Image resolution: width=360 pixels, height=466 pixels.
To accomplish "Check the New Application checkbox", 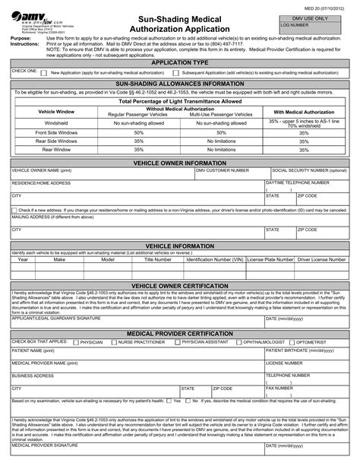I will point(44,74).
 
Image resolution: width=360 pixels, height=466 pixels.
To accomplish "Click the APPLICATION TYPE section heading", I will point(180,62).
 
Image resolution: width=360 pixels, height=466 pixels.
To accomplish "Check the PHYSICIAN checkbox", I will point(74,342).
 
